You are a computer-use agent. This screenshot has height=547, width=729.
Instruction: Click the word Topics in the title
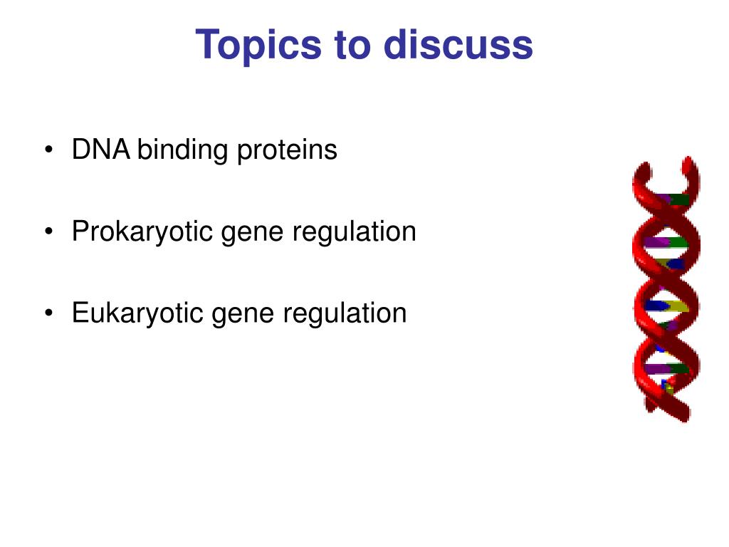[258, 45]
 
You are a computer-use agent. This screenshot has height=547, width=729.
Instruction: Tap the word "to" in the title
[353, 45]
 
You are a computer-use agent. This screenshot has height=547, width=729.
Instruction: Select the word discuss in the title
[458, 44]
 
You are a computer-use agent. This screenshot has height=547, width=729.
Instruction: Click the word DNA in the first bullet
[100, 150]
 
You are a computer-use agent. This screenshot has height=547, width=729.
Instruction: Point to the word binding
[183, 150]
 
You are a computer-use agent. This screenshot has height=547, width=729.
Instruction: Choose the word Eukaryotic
[137, 313]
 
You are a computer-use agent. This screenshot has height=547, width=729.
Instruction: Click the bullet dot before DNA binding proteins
[49, 150]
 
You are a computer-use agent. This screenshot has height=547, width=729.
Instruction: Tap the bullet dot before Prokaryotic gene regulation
[49, 231]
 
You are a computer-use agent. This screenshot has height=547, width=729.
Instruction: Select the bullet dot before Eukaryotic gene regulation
[49, 313]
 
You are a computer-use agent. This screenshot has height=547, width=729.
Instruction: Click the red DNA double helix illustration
[666, 288]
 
